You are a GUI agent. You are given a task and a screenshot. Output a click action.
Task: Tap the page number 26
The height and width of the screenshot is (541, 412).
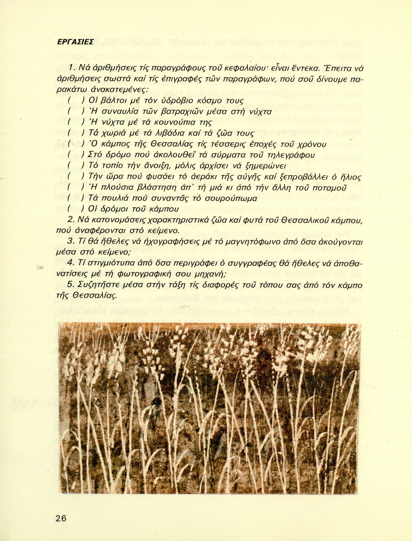(x=61, y=518)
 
